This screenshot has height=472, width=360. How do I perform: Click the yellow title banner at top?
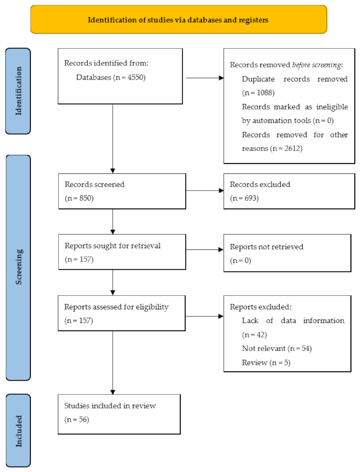pyautogui.click(x=179, y=20)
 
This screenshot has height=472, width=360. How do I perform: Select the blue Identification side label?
pyautogui.click(x=18, y=91)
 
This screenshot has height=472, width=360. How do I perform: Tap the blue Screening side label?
pyautogui.click(x=18, y=267)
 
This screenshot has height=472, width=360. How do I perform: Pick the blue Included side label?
pyautogui.click(x=18, y=430)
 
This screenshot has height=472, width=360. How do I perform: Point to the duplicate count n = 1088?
pyautogui.click(x=258, y=93)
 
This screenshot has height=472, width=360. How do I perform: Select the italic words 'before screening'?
pyautogui.click(x=316, y=65)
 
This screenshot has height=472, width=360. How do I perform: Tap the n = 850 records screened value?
pyautogui.click(x=79, y=198)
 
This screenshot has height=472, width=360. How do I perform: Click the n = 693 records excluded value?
pyautogui.click(x=244, y=198)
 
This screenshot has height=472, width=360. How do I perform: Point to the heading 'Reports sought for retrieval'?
pyautogui.click(x=112, y=246)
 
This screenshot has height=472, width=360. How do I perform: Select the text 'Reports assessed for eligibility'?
pyautogui.click(x=116, y=307)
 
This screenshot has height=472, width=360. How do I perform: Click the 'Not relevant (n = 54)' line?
pyautogui.click(x=277, y=349)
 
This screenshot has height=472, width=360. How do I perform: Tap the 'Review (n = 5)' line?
pyautogui.click(x=266, y=363)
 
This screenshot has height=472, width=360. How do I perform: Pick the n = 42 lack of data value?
pyautogui.click(x=254, y=335)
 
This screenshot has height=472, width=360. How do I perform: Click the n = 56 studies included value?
pyautogui.click(x=77, y=420)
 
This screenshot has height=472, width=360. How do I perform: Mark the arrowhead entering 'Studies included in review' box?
pyautogui.click(x=113, y=392)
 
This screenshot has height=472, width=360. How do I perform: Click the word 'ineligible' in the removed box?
pyautogui.click(x=332, y=107)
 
